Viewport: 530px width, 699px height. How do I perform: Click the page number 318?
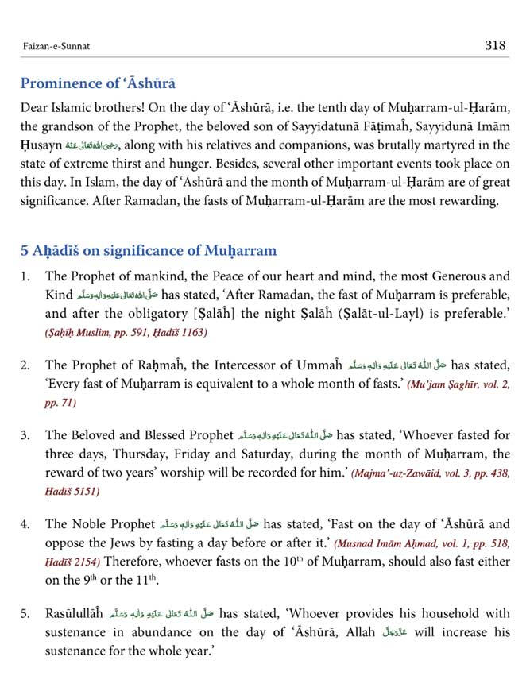coord(494,45)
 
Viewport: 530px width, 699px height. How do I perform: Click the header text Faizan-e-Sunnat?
coord(56,47)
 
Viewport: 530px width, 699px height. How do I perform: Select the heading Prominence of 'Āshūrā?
coord(98,83)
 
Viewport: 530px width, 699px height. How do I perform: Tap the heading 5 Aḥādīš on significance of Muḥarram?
coord(149,251)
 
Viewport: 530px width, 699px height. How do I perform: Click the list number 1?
coord(25,277)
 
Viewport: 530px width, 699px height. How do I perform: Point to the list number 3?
coord(25,435)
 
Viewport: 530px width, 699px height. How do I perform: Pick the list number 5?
coord(25,614)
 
